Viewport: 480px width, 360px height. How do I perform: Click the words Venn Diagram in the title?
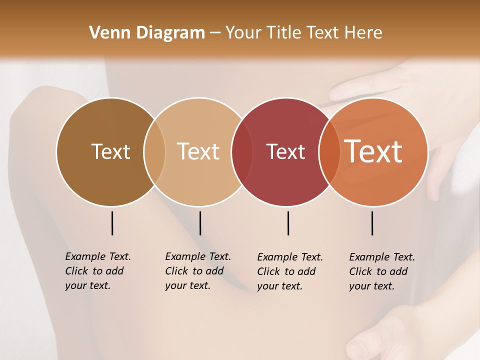[x=147, y=33]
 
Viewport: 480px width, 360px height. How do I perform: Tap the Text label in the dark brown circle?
[x=110, y=151]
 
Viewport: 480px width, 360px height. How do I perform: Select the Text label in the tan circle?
[x=198, y=151]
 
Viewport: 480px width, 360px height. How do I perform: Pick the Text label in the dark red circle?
[x=285, y=151]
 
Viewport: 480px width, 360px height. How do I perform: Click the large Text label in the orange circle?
[x=373, y=151]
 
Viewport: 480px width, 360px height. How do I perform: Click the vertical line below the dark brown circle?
[x=112, y=223]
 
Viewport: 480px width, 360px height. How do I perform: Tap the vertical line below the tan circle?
[x=200, y=223]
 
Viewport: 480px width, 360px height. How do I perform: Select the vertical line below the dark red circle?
[x=288, y=223]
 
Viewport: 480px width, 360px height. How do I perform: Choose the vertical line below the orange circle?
[x=372, y=223]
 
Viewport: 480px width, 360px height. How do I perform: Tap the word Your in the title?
[x=243, y=33]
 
